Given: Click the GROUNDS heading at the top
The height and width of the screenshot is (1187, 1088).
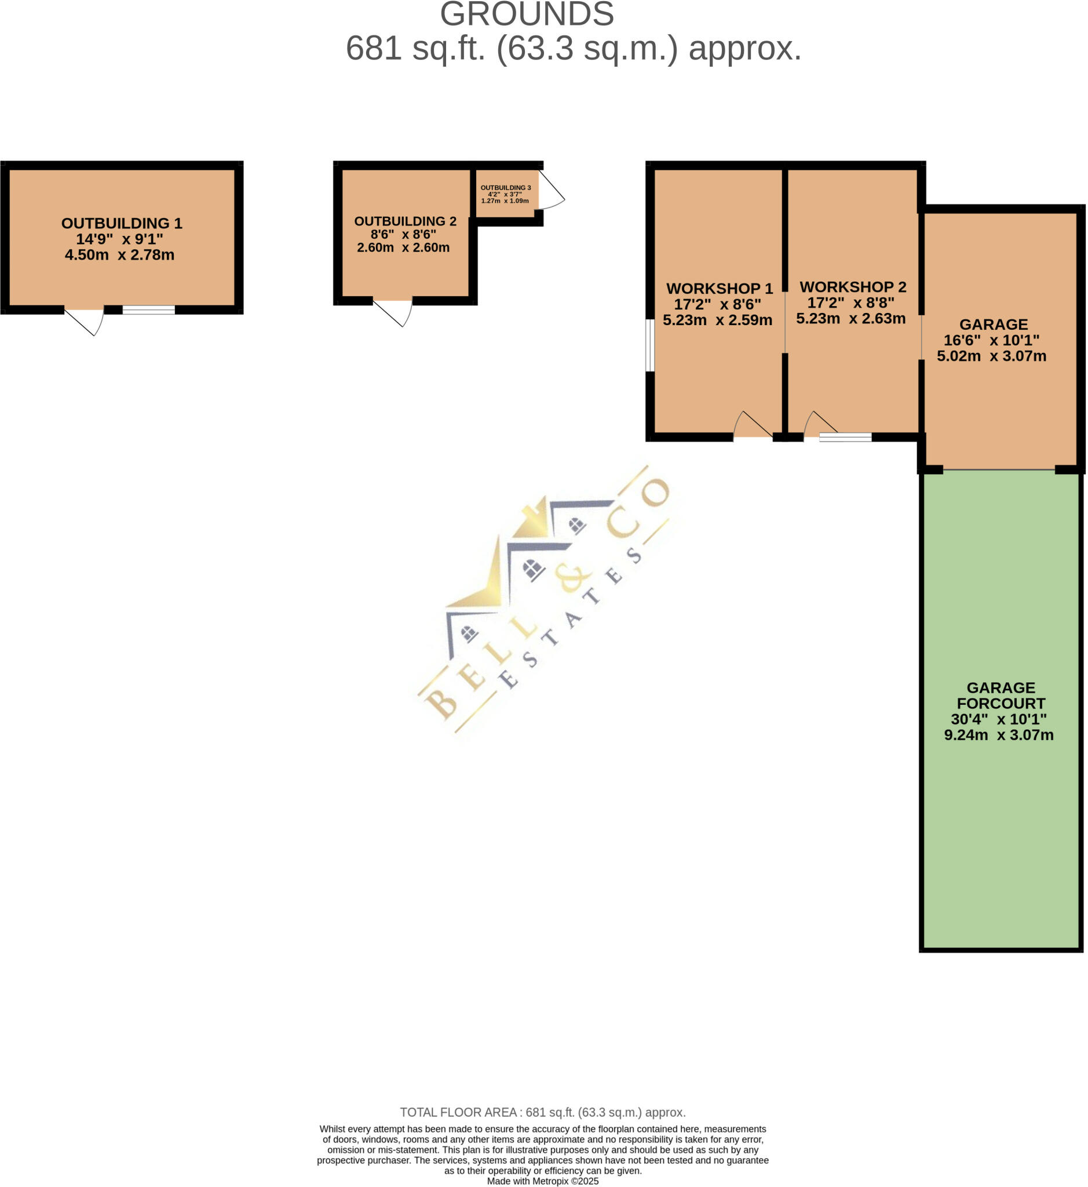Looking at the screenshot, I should (527, 14).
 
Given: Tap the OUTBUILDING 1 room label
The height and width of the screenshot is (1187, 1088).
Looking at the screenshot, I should (122, 223).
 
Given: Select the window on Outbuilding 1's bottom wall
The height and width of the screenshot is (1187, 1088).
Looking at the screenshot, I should (148, 310).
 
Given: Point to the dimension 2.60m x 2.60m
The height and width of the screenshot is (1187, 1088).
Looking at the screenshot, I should (403, 247).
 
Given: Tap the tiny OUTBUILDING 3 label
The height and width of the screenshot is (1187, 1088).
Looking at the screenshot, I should (506, 188).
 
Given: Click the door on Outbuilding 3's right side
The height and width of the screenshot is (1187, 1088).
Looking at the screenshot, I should (550, 190).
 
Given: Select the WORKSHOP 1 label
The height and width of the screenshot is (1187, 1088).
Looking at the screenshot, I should (720, 289).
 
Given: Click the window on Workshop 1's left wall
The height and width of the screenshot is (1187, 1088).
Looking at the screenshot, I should (649, 345).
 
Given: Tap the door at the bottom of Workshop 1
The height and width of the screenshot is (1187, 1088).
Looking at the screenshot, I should (754, 425).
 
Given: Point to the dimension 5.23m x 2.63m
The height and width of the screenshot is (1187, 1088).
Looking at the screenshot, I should (850, 319).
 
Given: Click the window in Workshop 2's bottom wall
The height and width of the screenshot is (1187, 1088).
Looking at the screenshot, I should (845, 437).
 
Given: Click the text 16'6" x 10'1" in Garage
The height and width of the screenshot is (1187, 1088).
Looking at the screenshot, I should (991, 340).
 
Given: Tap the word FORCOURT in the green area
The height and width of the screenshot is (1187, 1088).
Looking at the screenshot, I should (1001, 704).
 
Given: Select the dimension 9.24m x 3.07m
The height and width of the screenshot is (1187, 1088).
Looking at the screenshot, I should (999, 735).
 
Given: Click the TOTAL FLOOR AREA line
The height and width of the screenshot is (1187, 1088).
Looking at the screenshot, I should (543, 1112).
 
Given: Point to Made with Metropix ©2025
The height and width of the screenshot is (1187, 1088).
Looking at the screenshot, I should (543, 1181).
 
